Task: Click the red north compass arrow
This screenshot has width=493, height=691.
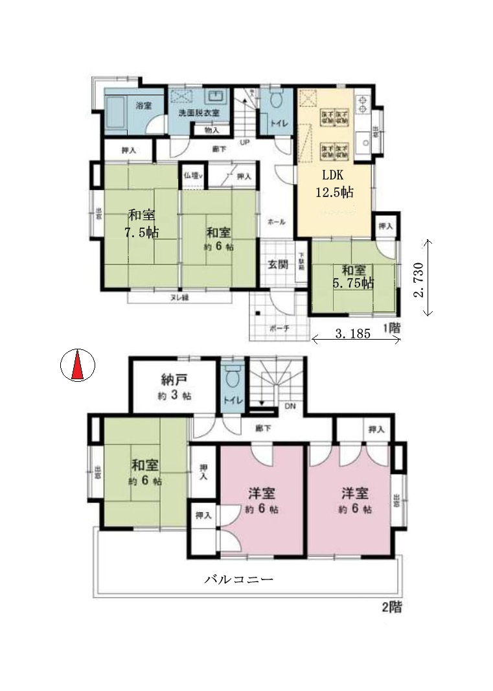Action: tap(77, 366)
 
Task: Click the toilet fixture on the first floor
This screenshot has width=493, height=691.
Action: tap(277, 100)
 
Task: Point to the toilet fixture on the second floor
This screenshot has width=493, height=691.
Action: tap(233, 375)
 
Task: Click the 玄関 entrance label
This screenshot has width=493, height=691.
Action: tap(278, 264)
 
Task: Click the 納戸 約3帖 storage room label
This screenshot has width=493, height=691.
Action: tap(173, 387)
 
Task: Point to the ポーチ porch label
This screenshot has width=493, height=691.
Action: tap(277, 328)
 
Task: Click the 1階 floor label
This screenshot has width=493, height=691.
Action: tap(391, 329)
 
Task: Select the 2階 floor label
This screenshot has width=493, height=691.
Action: tap(391, 609)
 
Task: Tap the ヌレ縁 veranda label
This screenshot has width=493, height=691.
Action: tap(179, 298)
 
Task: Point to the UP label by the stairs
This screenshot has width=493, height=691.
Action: tap(245, 143)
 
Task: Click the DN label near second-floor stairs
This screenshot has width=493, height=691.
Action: tap(291, 406)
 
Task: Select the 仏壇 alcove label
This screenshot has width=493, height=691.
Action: tap(192, 175)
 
